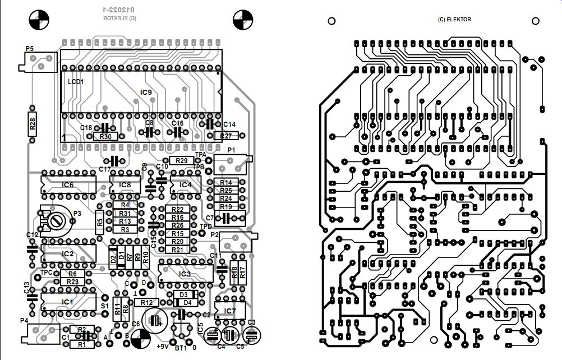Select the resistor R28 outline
(33, 124)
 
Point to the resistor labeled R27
(226, 136)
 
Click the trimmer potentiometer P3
(55, 220)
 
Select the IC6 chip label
(67, 184)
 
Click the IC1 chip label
(67, 302)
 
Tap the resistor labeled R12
(147, 302)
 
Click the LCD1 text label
(75, 82)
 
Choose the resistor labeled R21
(177, 250)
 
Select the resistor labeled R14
(226, 183)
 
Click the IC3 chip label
(185, 274)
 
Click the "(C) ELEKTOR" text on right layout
(454, 20)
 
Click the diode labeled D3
(183, 294)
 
